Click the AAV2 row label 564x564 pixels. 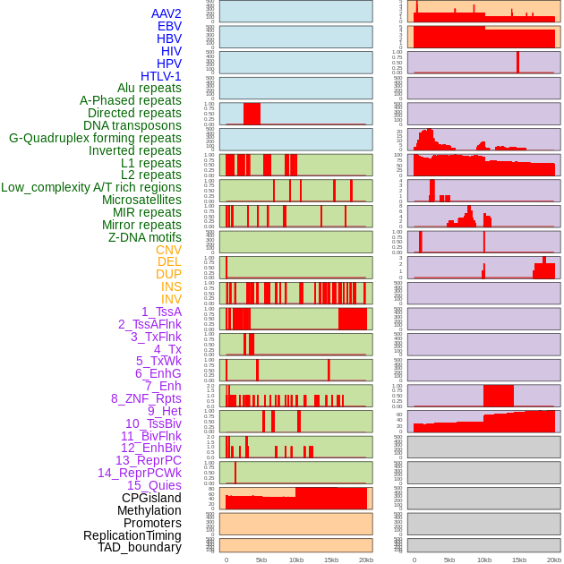pos(166,13)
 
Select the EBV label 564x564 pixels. pos(169,26)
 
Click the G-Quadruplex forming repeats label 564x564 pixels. pos(95,138)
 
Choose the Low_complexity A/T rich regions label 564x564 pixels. pos(91,187)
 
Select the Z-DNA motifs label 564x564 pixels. pos(145,237)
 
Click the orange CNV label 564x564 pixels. pos(168,250)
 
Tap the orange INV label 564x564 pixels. pos(171,299)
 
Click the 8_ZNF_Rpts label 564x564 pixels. pos(146,398)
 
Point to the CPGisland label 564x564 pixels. pos(151,498)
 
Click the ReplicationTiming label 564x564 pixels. pos(132,535)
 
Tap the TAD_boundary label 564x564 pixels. pos(140,547)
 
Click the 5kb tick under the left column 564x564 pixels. pos(261,560)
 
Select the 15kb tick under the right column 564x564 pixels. pos(519,560)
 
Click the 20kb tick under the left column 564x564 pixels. pos(366,560)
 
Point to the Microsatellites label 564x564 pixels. pos(141,200)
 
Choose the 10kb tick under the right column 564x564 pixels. pos(484,560)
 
